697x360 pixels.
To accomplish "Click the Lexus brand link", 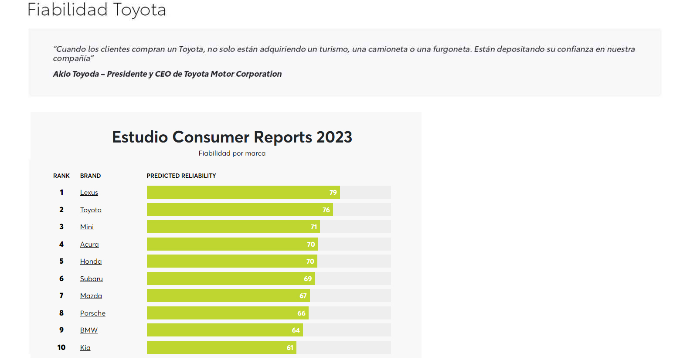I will point(89,193).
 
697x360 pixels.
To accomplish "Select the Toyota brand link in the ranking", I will point(91,210).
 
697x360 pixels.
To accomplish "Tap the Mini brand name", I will point(87,227).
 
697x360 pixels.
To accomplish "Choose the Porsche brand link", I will point(93,313).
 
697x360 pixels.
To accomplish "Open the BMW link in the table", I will point(89,330).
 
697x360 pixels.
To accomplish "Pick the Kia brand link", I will point(85,348).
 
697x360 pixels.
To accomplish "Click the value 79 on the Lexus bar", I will point(333,193).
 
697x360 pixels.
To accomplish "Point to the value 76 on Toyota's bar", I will point(326,210).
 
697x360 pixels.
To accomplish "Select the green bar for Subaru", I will point(230,278).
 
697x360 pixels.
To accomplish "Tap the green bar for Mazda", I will point(228,296).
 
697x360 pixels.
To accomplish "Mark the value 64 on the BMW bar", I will point(296,330).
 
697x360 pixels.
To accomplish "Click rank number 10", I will point(61,347).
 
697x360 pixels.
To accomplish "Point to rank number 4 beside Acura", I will point(61,244).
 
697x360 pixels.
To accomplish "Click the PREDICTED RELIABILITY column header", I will point(181,176).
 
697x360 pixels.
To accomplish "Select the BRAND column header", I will point(90,176).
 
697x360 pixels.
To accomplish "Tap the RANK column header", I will point(61,176).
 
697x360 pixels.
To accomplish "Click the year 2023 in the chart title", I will point(334,137).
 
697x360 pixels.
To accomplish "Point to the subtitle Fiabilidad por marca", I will point(232,153).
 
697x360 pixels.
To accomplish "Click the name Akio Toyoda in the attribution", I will point(76,74).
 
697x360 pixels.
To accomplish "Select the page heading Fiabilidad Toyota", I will point(97,10).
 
